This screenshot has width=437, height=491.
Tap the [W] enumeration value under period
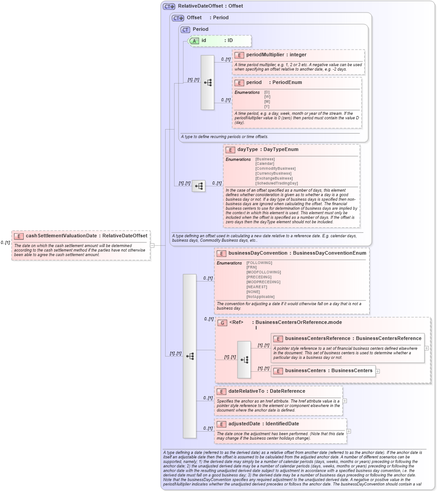(267, 97)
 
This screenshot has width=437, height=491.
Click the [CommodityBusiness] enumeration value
(275, 168)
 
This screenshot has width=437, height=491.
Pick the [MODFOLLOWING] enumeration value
(263, 272)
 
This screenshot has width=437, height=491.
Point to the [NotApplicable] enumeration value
(260, 297)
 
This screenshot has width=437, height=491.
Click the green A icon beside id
(194, 41)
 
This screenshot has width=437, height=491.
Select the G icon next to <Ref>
(222, 323)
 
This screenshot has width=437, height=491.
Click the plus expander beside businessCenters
(378, 371)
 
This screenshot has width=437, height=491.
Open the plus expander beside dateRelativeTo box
(345, 401)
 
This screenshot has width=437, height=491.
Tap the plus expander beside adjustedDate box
(349, 431)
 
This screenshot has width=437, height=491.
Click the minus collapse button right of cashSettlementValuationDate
(152, 245)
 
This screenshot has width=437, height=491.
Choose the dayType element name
(247, 150)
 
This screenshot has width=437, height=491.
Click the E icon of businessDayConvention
(221, 253)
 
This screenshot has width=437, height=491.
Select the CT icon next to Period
(185, 29)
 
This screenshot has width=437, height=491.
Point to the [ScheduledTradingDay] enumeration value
(276, 183)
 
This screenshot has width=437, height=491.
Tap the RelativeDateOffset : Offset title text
(210, 6)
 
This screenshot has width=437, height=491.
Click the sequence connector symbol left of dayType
(199, 186)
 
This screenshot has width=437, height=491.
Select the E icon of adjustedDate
(221, 424)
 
